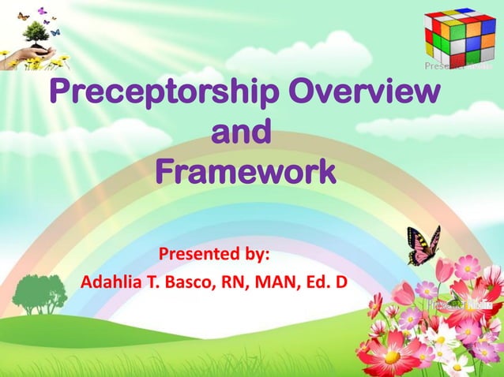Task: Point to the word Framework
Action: coord(244,170)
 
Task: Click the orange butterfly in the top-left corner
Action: coord(23,15)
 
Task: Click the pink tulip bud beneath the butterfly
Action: coord(404,293)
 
